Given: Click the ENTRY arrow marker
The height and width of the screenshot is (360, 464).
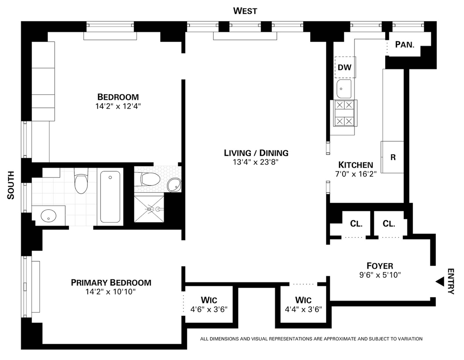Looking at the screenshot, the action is click(x=440, y=282).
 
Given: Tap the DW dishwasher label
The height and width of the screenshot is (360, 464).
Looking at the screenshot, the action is click(x=345, y=67).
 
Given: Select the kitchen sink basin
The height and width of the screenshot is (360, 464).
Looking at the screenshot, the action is click(x=344, y=89).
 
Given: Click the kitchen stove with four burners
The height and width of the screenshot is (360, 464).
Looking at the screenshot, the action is click(x=344, y=113).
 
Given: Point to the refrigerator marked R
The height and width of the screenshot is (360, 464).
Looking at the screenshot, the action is click(x=392, y=157).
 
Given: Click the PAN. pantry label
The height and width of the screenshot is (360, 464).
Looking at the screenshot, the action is click(x=404, y=44).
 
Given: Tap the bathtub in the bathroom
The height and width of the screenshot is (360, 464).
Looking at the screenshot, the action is click(x=110, y=197).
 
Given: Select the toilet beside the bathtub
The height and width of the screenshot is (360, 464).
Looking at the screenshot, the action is click(x=81, y=181).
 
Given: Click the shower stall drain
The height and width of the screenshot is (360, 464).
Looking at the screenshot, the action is click(x=149, y=209).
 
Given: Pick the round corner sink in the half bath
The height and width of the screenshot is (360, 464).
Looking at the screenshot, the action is click(x=174, y=185).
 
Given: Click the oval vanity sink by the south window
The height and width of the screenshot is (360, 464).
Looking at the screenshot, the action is click(x=48, y=216).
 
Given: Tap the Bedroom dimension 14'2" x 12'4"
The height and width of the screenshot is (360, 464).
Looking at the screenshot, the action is click(x=118, y=106).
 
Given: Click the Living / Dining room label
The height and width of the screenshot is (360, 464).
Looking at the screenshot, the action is click(x=256, y=153).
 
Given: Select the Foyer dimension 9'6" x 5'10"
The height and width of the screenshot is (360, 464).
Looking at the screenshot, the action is click(x=380, y=275).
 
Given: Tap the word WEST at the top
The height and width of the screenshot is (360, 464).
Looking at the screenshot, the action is click(x=245, y=11).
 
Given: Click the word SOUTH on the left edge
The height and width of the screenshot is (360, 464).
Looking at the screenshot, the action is click(x=11, y=185).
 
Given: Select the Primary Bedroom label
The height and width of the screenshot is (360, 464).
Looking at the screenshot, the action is click(x=111, y=283).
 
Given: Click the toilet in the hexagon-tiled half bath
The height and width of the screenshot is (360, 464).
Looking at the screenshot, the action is click(x=150, y=179).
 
